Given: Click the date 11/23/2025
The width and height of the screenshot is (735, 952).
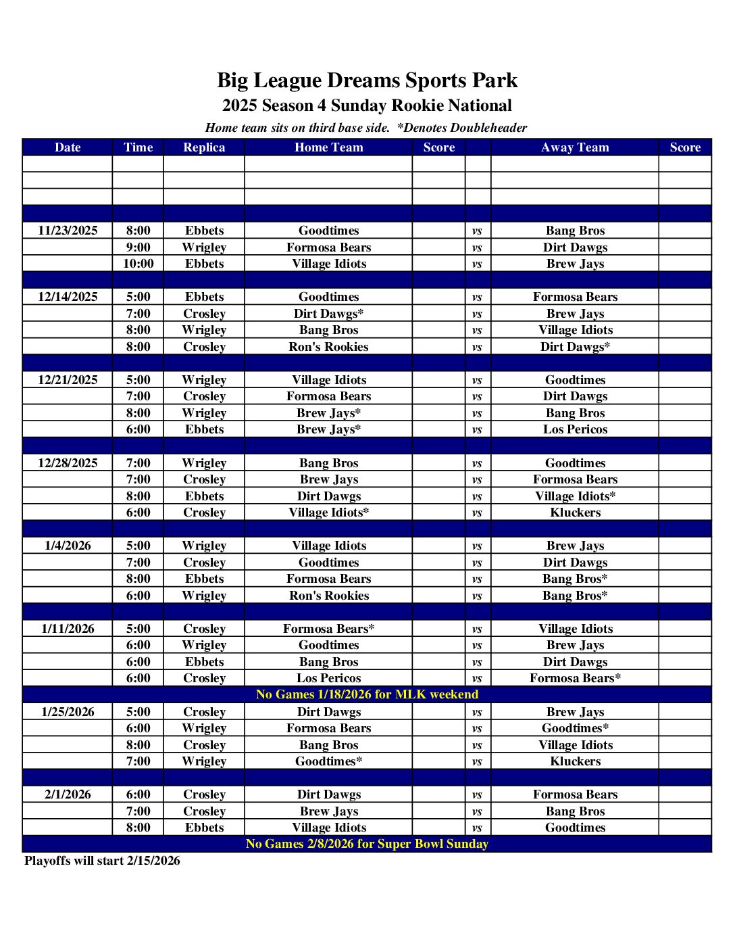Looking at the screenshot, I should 68,231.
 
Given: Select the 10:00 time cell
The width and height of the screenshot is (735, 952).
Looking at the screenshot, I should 138,264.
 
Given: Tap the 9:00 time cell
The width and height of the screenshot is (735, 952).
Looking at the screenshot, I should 138,247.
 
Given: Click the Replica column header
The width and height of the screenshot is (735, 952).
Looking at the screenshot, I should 204,147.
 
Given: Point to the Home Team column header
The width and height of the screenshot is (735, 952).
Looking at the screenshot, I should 329,147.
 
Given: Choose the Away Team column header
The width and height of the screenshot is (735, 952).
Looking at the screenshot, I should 575,147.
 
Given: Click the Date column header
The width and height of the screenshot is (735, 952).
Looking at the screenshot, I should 68,147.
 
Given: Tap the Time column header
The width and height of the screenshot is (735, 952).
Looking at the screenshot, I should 138,147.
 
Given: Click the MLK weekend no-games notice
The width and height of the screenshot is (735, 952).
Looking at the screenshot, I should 367,694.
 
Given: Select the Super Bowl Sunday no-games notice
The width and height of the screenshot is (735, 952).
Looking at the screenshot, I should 367,844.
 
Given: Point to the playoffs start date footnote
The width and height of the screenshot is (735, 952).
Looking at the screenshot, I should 103,861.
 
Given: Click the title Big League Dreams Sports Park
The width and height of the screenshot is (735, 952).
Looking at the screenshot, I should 367,80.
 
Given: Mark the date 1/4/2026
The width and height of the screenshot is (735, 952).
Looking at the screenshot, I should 68,546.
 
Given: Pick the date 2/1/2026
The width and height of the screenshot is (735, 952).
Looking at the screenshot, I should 68,794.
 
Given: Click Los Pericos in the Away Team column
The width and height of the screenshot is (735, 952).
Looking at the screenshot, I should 575,429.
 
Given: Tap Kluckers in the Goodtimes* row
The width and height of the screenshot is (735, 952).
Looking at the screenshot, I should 575,761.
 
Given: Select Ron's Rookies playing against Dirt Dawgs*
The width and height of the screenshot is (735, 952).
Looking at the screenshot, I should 329,347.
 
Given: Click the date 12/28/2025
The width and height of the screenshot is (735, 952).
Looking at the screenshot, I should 68,463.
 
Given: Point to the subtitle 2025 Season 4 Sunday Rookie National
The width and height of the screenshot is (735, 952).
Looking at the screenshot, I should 367,105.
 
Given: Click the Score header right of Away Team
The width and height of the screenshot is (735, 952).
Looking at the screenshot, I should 685,147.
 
